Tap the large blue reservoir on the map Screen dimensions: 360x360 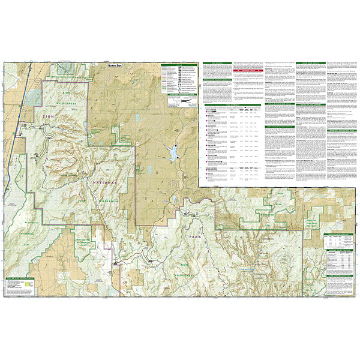coord(172,152)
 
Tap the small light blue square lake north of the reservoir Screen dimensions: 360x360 coord(137,119)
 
